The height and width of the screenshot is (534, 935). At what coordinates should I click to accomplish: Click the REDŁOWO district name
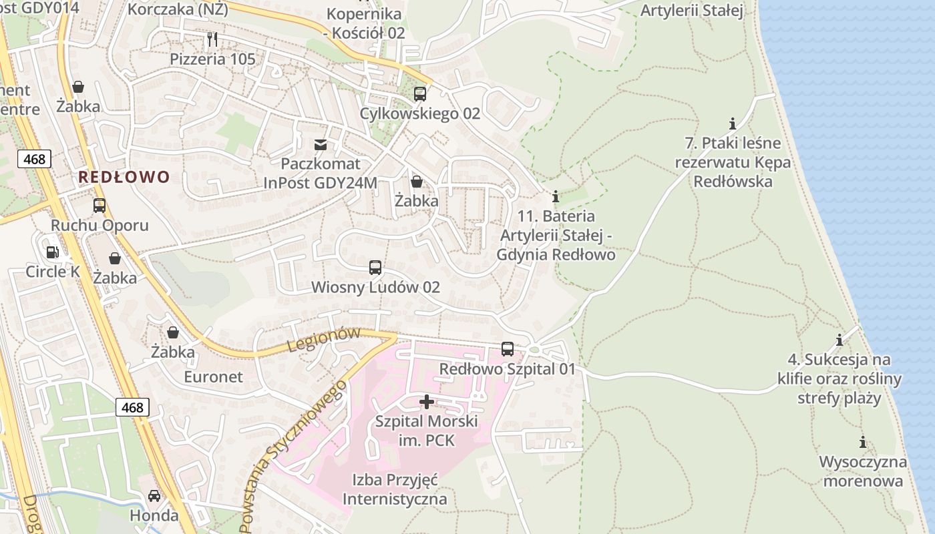(124, 177)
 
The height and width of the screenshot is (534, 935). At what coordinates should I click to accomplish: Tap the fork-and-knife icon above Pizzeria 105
(212, 39)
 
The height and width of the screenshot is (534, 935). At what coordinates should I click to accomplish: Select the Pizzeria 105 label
(212, 59)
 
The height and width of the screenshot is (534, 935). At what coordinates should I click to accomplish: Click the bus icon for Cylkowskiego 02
(420, 94)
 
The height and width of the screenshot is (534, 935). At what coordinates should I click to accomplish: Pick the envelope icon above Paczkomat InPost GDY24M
(321, 144)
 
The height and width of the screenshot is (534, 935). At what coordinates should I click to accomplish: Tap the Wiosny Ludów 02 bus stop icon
(375, 268)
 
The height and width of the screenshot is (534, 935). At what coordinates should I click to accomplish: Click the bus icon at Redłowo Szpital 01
(508, 349)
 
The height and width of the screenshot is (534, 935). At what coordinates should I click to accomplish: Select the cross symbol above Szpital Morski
(426, 402)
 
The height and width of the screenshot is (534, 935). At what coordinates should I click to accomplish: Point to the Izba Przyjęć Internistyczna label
(394, 489)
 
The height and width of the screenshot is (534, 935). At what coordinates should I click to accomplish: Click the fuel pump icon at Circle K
(52, 252)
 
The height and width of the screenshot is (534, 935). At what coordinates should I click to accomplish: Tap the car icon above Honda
(154, 496)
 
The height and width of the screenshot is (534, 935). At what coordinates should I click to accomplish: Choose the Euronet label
(214, 376)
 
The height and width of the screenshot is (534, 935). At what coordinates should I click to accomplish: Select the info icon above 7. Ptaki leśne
(733, 123)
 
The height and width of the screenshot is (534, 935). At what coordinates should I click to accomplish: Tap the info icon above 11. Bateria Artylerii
(556, 197)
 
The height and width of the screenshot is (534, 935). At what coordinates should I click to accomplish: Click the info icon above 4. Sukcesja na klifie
(839, 340)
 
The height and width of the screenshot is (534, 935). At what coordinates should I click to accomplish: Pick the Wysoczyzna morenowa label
(863, 471)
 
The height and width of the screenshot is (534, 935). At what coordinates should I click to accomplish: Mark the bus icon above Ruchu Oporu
(100, 206)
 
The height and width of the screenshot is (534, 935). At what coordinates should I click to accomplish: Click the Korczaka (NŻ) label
(178, 9)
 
